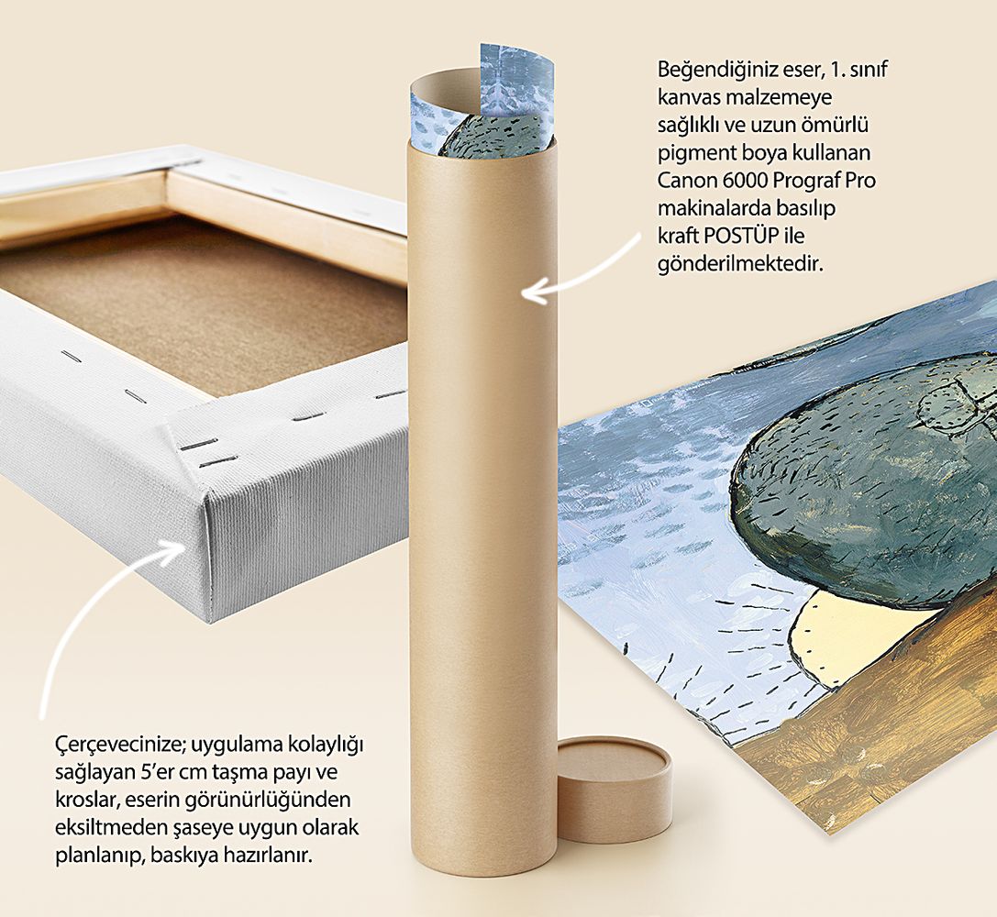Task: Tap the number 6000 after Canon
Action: coord(745,181)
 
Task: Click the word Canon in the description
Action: coord(687,181)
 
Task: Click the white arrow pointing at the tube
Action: coord(582,273)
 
